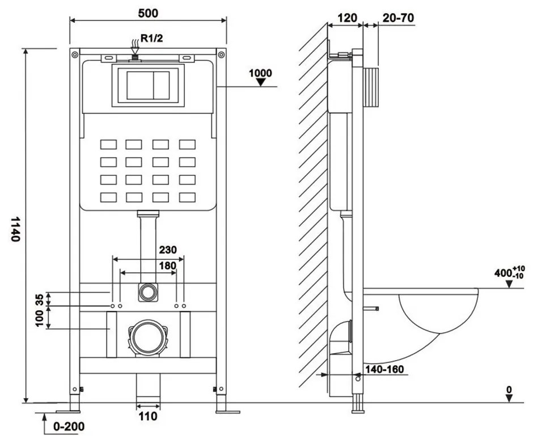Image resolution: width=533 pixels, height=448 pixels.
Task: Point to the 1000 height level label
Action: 260,73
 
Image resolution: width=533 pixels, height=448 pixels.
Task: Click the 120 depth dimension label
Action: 347,18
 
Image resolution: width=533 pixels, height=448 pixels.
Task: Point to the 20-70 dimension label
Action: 398,18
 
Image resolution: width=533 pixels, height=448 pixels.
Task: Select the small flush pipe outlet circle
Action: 148,293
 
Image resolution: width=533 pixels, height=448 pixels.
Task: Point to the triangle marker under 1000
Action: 261,82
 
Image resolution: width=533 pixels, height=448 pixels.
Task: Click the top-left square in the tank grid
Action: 108,144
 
